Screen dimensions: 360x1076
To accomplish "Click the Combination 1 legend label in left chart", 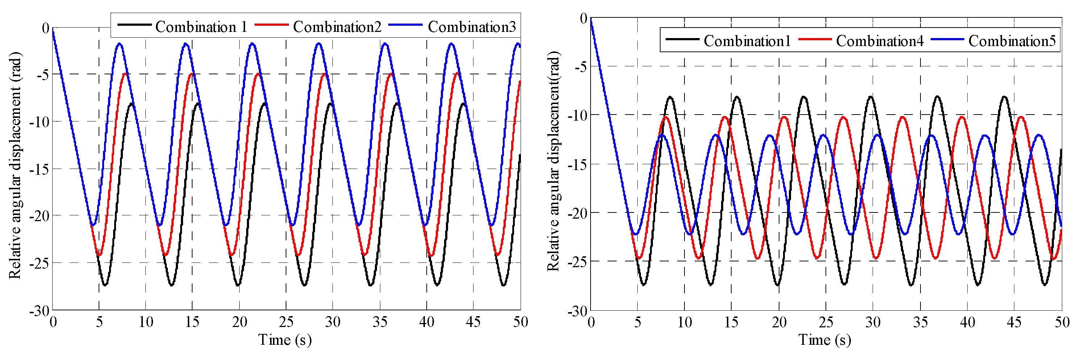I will tap(201, 27).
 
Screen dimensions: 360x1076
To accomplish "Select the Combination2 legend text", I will tap(337, 27).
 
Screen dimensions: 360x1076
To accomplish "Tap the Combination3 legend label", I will tap(472, 27).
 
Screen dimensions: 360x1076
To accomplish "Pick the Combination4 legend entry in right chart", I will tap(880, 41).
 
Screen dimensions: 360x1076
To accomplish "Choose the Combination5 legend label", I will tap(1012, 41).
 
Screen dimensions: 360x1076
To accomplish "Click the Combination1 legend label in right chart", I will tap(747, 41).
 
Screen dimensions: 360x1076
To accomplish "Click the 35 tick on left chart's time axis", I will tap(379, 322).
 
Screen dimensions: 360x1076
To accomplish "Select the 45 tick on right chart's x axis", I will tap(1014, 322).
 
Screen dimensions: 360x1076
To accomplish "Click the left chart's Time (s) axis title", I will tap(285, 340).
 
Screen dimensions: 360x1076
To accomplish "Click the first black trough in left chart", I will tap(105, 285).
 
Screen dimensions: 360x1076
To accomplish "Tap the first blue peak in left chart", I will tap(120, 44).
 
